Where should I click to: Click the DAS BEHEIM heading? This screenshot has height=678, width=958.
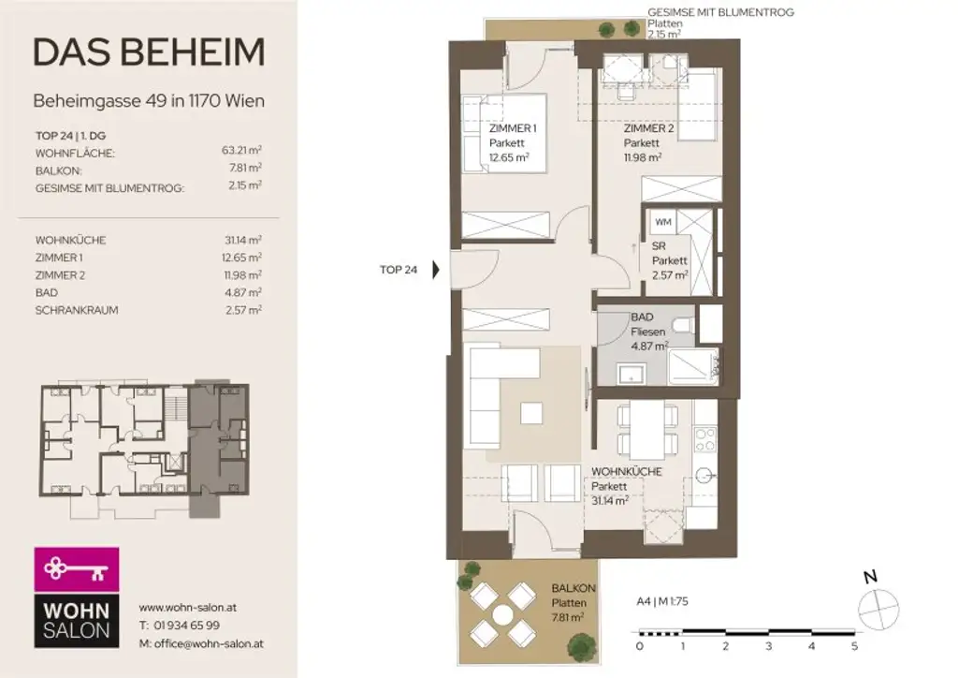(x=149, y=53)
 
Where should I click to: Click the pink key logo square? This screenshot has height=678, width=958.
(x=77, y=568)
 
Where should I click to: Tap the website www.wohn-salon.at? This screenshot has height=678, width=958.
(x=187, y=607)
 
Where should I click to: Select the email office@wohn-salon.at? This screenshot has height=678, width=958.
(x=200, y=643)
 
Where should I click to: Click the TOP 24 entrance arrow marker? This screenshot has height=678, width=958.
(x=436, y=271)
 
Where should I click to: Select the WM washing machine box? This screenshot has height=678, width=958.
(x=662, y=222)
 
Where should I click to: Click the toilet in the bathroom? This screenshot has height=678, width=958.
(x=684, y=324)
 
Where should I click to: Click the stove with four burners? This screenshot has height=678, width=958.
(x=704, y=440)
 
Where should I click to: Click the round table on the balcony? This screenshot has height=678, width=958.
(x=503, y=613)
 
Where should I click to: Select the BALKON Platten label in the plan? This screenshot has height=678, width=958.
(x=568, y=601)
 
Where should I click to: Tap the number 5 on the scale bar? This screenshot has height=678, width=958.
(x=854, y=646)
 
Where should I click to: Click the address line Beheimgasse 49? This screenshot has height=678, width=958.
(x=148, y=100)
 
